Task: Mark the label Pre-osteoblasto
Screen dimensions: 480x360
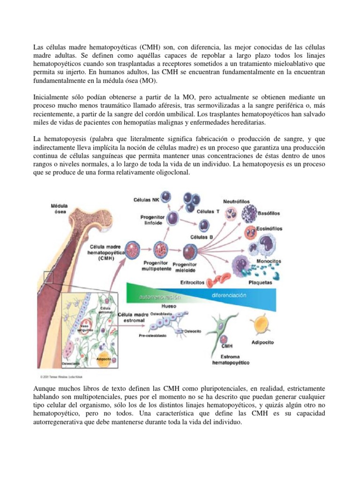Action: point(152,336)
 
